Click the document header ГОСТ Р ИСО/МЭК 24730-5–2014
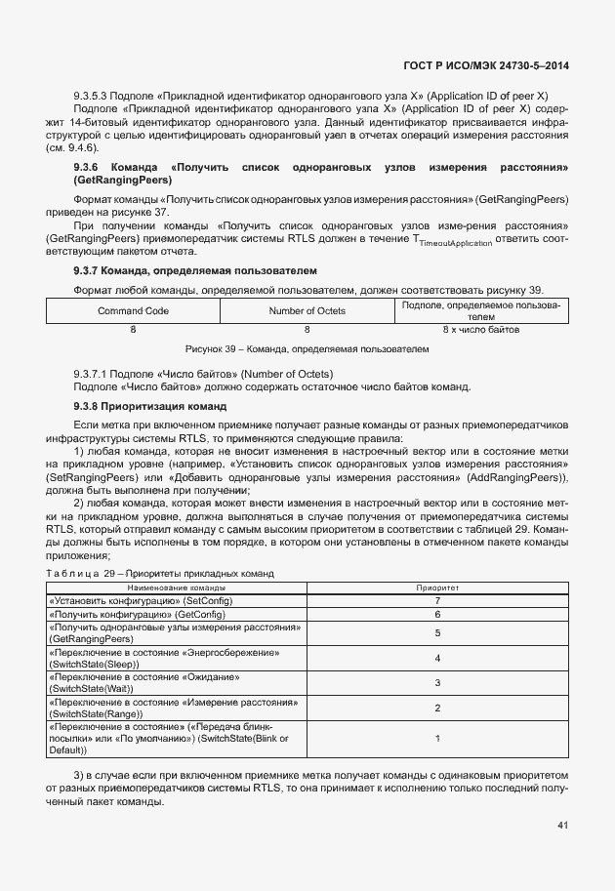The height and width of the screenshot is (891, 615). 485,66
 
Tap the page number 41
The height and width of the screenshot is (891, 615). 562,825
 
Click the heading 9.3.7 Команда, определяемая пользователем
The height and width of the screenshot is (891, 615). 195,269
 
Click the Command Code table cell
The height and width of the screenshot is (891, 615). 133,310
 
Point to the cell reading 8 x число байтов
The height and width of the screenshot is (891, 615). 481,330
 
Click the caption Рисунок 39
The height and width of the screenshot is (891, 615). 307,347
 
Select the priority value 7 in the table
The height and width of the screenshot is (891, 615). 437,601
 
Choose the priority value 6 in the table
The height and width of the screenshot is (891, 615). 437,615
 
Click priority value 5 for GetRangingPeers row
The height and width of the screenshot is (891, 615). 437,632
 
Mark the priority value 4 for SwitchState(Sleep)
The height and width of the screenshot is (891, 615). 437,658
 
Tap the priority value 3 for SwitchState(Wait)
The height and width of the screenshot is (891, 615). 437,683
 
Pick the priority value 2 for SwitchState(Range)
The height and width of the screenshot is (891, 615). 437,709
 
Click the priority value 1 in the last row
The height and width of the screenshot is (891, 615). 437,739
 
